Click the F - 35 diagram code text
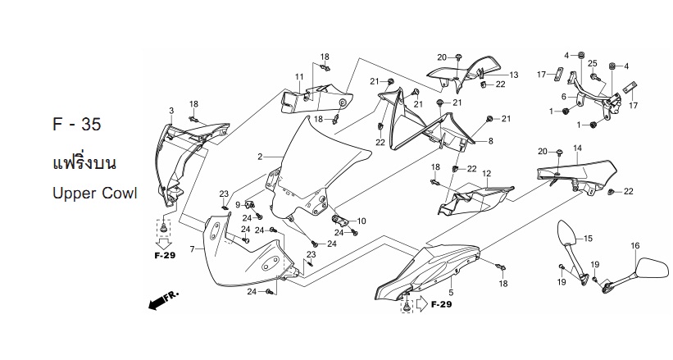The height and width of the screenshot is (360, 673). pyautogui.click(x=77, y=124)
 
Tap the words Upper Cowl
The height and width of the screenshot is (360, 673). pyautogui.click(x=95, y=194)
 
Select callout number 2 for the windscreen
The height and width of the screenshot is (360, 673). pyautogui.click(x=260, y=157)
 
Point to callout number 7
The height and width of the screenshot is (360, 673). pyautogui.click(x=193, y=248)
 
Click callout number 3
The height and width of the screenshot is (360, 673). pyautogui.click(x=171, y=111)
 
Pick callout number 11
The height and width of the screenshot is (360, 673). pyautogui.click(x=299, y=77)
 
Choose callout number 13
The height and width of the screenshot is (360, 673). pyautogui.click(x=514, y=75)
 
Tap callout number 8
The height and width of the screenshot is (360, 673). pyautogui.click(x=490, y=140)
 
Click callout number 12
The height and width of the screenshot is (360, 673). pyautogui.click(x=486, y=174)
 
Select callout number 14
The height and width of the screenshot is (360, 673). pyautogui.click(x=577, y=148)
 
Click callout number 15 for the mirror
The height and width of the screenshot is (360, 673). pyautogui.click(x=588, y=239)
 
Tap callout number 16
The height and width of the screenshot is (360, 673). pyautogui.click(x=635, y=246)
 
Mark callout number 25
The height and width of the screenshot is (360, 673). pyautogui.click(x=593, y=64)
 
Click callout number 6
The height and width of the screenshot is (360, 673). pyautogui.click(x=564, y=97)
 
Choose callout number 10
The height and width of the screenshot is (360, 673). pyautogui.click(x=362, y=221)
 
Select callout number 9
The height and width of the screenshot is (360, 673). pyautogui.click(x=238, y=205)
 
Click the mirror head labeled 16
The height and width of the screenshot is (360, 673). pyautogui.click(x=653, y=268)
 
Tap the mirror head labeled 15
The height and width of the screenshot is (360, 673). pyautogui.click(x=566, y=233)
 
